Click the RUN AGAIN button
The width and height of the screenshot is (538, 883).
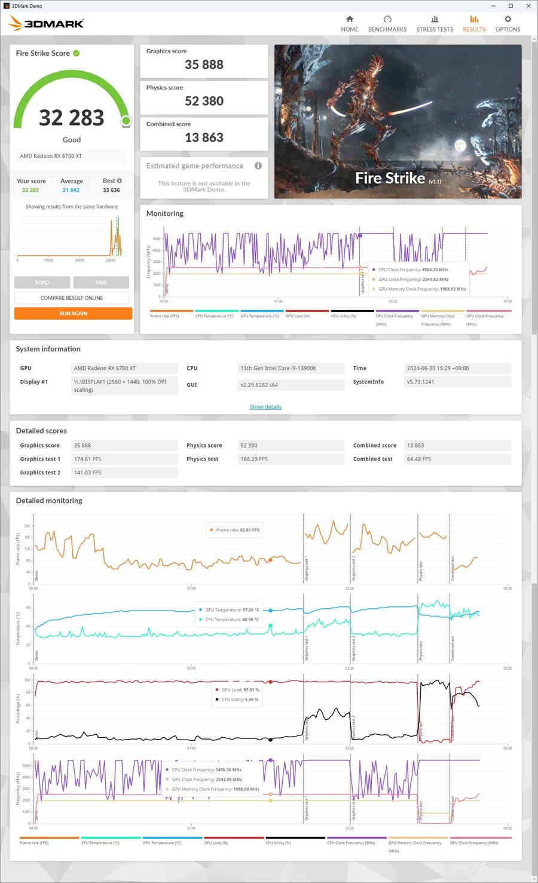73,314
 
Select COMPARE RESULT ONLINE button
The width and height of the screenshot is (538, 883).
72,298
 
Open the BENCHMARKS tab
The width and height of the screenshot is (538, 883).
387,24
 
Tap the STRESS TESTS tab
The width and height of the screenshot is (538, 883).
435,24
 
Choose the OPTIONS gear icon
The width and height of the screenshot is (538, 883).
508,19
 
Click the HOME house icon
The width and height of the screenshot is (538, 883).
350,19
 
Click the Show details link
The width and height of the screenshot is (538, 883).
265,407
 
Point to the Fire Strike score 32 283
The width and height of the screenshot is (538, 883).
72,118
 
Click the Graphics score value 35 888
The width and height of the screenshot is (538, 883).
204,65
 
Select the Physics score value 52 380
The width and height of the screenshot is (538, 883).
204,101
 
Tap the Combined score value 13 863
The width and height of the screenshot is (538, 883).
204,137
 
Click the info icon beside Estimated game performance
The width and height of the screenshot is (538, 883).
258,165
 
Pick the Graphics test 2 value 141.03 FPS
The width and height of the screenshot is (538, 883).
87,473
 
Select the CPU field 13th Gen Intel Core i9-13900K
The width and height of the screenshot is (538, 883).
279,368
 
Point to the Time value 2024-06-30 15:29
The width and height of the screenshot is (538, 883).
438,368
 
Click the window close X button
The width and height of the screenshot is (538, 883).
528,6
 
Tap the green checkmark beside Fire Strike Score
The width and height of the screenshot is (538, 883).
77,53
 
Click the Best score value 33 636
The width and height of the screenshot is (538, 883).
111,190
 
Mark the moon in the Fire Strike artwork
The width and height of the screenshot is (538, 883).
460,145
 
